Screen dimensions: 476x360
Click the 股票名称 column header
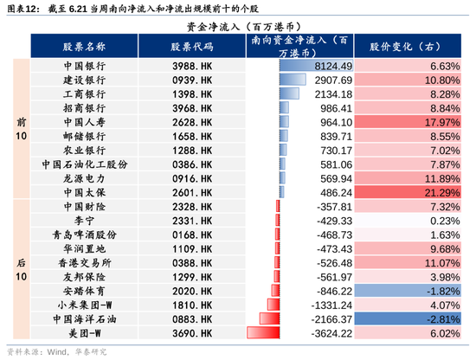pyautogui.click(x=84, y=46)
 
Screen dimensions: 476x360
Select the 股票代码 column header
pyautogui.click(x=192, y=46)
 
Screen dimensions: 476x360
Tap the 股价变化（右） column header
pyautogui.click(x=408, y=46)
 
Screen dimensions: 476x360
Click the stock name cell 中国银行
pyautogui.click(x=85, y=66)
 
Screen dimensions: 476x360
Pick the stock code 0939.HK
pyautogui.click(x=192, y=80)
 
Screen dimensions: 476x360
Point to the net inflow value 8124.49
pyautogui.click(x=333, y=66)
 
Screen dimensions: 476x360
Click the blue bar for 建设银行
pyautogui.click(x=293, y=80)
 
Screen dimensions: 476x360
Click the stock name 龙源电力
pyautogui.click(x=85, y=178)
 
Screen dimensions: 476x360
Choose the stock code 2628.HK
pyautogui.click(x=192, y=122)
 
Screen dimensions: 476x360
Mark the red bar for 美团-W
pyautogui.click(x=263, y=332)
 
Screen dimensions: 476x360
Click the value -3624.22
pyautogui.click(x=331, y=333)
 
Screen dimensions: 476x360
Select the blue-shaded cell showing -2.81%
pyautogui.click(x=408, y=319)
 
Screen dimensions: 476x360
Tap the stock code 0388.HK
pyautogui.click(x=192, y=263)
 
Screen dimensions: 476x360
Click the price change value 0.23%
pyautogui.click(x=445, y=221)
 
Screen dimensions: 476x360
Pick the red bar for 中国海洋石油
pyautogui.click(x=269, y=318)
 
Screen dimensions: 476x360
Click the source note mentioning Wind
pyautogui.click(x=57, y=352)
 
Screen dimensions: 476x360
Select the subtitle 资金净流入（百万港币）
pyautogui.click(x=244, y=27)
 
